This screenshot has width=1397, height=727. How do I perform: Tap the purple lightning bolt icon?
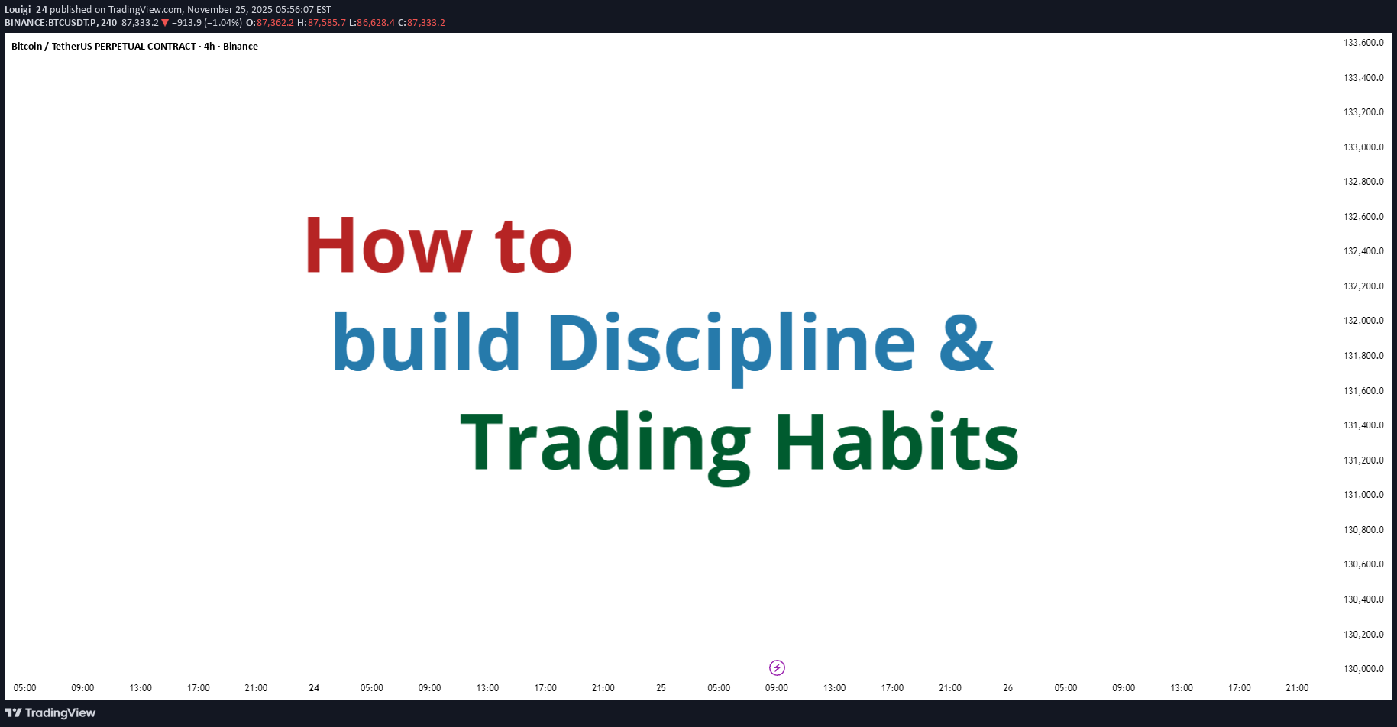pyautogui.click(x=777, y=668)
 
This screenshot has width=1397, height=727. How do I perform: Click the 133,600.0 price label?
pyautogui.click(x=1363, y=43)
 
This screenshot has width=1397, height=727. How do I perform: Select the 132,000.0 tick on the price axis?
pyautogui.click(x=1363, y=321)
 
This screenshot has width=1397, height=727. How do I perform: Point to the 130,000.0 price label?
pyautogui.click(x=1363, y=669)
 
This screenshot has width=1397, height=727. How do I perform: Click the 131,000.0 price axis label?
pyautogui.click(x=1363, y=495)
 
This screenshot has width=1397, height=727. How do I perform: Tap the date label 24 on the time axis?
pyautogui.click(x=314, y=688)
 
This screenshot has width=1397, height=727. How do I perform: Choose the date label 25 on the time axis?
pyautogui.click(x=661, y=688)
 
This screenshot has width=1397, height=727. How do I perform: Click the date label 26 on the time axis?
pyautogui.click(x=1007, y=688)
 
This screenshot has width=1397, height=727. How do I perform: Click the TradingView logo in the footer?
pyautogui.click(x=50, y=713)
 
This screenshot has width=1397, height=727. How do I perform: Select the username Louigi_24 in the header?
pyautogui.click(x=26, y=10)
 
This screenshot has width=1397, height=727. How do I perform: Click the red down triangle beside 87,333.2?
pyautogui.click(x=165, y=23)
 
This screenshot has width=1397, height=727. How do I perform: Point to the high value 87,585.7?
pyautogui.click(x=327, y=23)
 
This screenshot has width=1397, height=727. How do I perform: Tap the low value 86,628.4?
pyautogui.click(x=376, y=23)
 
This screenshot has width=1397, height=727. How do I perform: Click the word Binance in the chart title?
pyautogui.click(x=241, y=47)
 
